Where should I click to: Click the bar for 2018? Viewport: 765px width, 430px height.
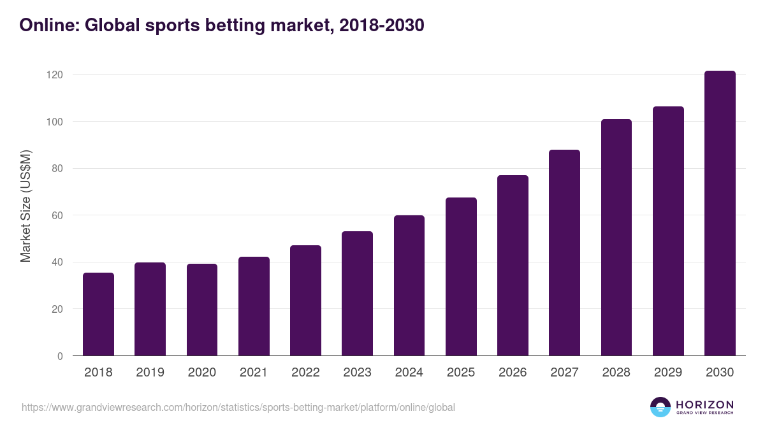tap(98, 314)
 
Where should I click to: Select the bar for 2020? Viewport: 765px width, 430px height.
tap(202, 310)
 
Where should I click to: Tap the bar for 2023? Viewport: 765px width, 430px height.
tap(357, 294)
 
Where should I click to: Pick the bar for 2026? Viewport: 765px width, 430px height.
tap(513, 266)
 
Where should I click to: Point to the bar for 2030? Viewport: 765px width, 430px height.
tap(720, 213)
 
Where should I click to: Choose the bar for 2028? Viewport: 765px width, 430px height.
tap(616, 238)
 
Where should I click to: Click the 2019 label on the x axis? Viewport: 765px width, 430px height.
tap(150, 372)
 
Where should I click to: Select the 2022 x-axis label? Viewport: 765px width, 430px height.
tap(305, 372)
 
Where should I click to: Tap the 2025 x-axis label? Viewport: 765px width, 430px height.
tap(461, 372)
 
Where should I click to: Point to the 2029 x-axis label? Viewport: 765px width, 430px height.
tap(668, 372)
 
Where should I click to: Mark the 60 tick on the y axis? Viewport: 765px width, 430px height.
tap(57, 215)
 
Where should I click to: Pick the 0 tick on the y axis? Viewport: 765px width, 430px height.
tap(60, 356)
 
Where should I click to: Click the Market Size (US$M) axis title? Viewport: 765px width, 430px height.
tap(25, 206)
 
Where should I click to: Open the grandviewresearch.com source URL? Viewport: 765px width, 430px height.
tap(238, 407)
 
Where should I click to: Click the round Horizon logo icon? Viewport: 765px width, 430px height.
tap(660, 407)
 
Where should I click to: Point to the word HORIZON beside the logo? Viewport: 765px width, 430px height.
tap(704, 404)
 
